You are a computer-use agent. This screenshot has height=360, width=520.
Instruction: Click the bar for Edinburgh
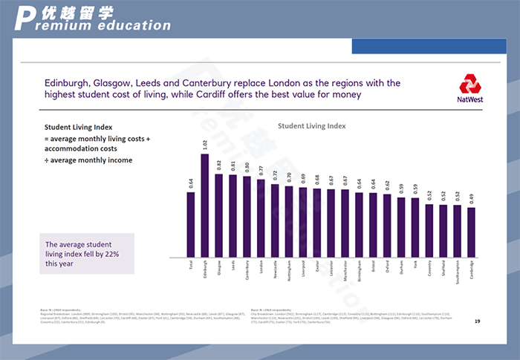pyautogui.click(x=204, y=205)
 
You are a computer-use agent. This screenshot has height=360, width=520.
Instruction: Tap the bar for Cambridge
pyautogui.click(x=471, y=232)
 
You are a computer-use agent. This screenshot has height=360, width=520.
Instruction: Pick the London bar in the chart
pyautogui.click(x=261, y=217)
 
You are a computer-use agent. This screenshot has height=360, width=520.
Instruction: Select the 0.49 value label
pyautogui.click(x=471, y=199)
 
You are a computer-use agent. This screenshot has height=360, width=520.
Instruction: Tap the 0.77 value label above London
pyautogui.click(x=261, y=170)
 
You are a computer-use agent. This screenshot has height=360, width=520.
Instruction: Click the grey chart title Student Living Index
pyautogui.click(x=312, y=127)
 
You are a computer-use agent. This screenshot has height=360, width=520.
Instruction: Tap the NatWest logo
pyautogui.click(x=469, y=88)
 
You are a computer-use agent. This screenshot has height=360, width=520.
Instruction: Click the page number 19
pyautogui.click(x=476, y=322)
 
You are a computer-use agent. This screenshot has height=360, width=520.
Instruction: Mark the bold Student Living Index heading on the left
pyautogui.click(x=78, y=127)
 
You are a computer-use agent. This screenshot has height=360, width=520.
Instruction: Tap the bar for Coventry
pyautogui.click(x=429, y=230)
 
